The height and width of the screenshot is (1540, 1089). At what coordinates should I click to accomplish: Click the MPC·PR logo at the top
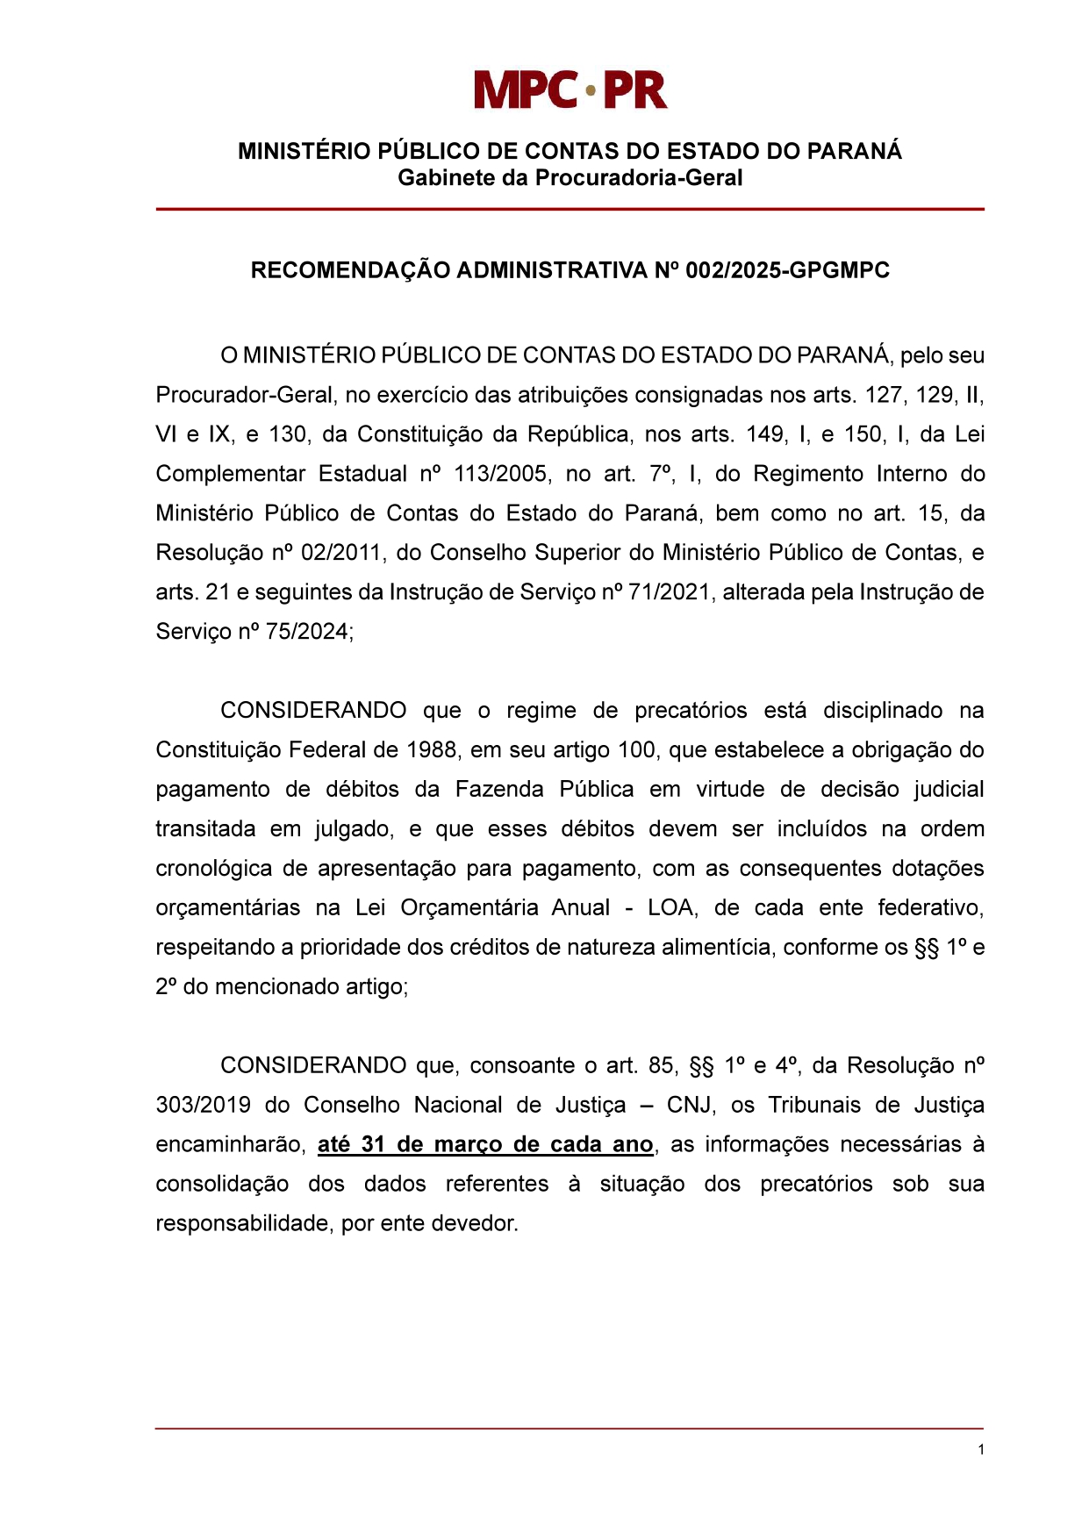click(570, 90)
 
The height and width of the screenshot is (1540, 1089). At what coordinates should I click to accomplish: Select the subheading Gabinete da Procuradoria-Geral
click(570, 178)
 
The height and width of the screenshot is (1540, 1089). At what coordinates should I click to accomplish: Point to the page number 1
click(980, 1449)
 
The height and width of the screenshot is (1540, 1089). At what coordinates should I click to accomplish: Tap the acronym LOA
click(672, 908)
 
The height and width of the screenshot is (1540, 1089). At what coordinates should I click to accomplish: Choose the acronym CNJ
click(691, 1105)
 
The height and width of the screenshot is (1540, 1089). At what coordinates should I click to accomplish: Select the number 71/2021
click(668, 592)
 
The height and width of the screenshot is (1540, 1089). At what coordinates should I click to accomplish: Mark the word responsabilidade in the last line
click(242, 1223)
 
